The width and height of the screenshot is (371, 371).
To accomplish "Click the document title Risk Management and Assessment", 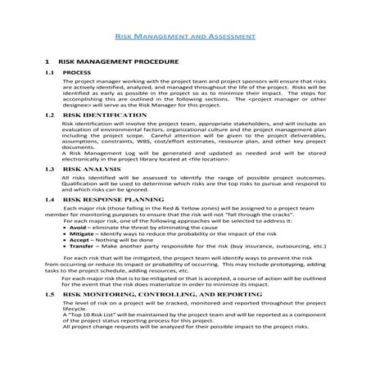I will tap(185, 37).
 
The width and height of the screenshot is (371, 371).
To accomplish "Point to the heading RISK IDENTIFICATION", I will tap(94, 117).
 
